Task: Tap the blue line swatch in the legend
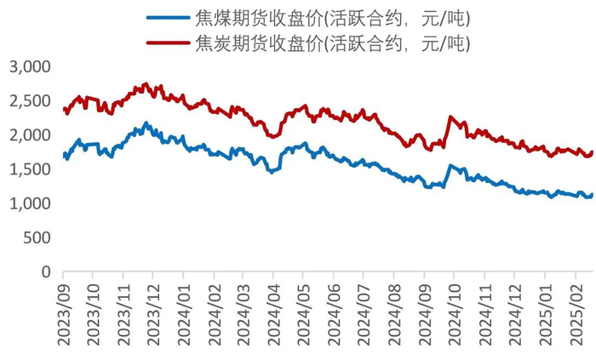(x=168, y=18)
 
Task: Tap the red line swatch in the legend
(x=168, y=42)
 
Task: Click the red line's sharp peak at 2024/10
(x=450, y=117)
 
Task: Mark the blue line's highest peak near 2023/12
(x=146, y=123)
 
